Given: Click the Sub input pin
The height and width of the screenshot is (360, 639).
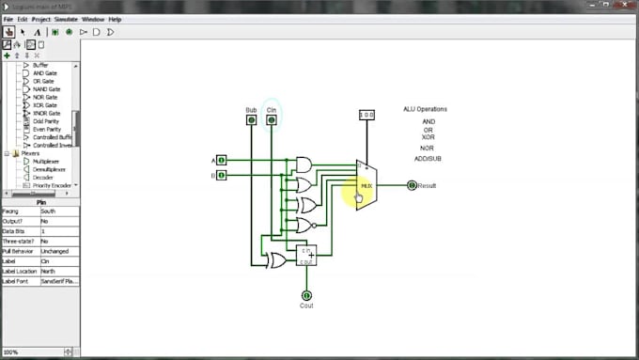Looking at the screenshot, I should tap(251, 119).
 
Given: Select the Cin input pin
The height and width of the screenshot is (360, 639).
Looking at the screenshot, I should tap(272, 119).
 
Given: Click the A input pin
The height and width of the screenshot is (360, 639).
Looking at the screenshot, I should tap(222, 160).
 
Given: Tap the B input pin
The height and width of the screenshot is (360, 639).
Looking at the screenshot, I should tap(222, 175).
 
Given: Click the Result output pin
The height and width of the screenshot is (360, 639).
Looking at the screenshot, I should tap(412, 185).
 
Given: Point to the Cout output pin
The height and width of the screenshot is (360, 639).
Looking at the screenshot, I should tap(306, 295).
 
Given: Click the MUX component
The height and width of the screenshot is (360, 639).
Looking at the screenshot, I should tap(366, 184).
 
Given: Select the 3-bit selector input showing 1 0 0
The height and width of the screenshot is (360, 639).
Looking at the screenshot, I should tap(367, 115).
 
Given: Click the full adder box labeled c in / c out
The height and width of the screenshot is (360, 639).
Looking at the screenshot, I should tap(306, 256).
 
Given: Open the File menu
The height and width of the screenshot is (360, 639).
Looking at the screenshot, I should tap(8, 19).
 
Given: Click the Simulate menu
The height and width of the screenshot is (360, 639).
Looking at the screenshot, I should tap(67, 19).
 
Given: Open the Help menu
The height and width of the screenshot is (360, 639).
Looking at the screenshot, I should tap(116, 19).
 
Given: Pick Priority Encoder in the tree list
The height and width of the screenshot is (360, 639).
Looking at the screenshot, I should tap(52, 185).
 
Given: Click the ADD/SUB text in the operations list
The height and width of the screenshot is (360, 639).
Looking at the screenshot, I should tap(429, 158).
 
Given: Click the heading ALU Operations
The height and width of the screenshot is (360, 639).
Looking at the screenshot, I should tap(425, 109).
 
